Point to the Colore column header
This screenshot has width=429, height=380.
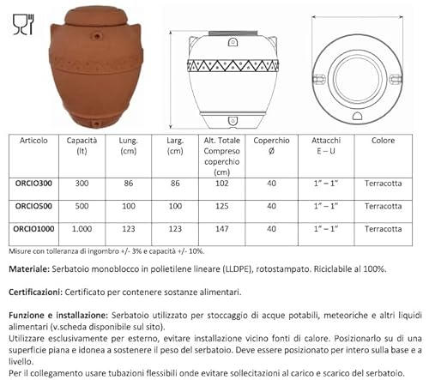pyautogui.click(x=383, y=140)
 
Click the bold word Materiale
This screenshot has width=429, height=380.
pyautogui.click(x=29, y=268)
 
